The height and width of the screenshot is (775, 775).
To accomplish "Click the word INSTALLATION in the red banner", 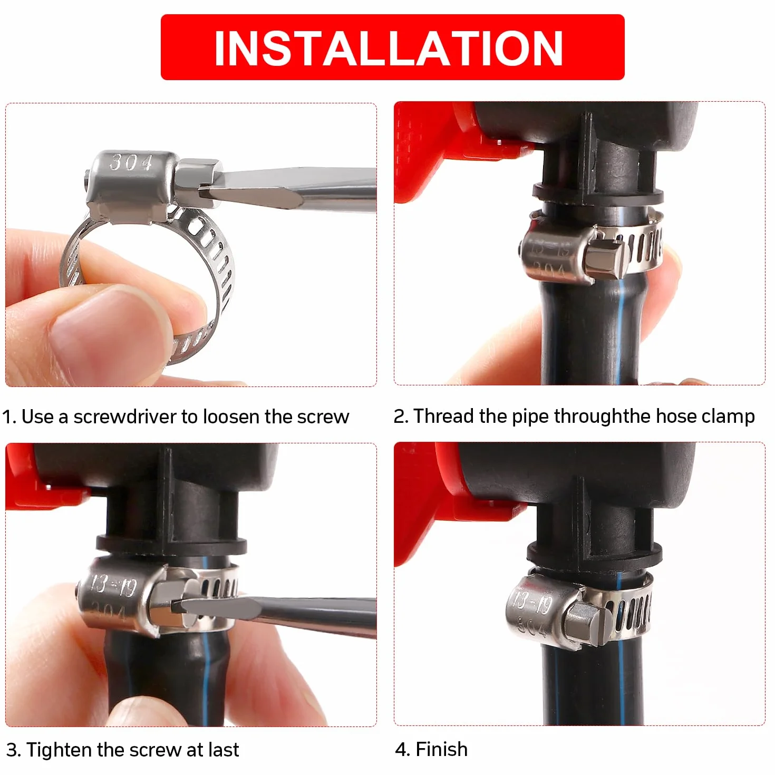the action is coord(389,48).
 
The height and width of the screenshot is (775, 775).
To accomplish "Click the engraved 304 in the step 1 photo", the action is coord(131,162).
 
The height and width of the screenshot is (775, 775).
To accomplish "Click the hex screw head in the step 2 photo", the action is coord(603,259).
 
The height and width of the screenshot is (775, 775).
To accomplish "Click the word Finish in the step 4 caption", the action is coord(441,749).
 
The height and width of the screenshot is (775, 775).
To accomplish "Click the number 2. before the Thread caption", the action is coord(401,416).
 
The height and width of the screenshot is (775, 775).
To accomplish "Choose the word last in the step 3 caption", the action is coord(224,750).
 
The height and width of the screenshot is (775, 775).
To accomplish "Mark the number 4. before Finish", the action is coord(403,750).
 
